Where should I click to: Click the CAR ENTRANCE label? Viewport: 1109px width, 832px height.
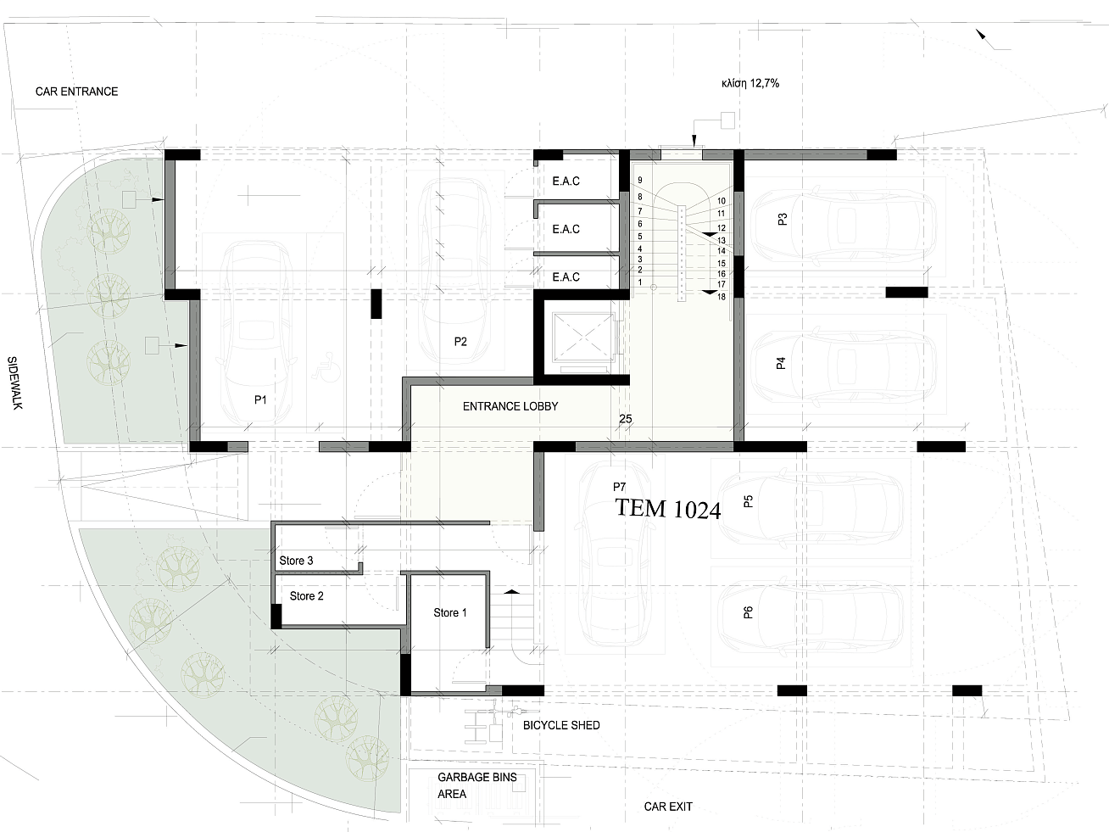(77, 92)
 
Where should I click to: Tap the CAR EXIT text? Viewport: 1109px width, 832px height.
(668, 807)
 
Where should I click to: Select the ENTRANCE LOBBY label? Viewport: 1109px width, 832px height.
(510, 406)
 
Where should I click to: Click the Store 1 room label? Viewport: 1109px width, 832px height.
(449, 612)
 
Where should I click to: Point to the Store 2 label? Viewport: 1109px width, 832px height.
(306, 596)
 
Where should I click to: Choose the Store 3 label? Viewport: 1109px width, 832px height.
(296, 561)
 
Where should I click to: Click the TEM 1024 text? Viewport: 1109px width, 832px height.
(668, 509)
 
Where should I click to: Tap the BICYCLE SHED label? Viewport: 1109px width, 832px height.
(561, 725)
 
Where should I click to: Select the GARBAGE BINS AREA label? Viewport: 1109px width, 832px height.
(477, 785)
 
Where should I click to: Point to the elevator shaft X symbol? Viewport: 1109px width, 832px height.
(582, 336)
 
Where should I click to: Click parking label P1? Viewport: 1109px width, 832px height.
(260, 400)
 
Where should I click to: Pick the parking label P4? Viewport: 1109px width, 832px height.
(781, 363)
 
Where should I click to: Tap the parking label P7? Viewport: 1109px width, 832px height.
(619, 487)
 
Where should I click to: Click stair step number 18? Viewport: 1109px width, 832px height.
(722, 297)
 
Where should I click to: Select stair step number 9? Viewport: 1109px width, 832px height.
(640, 181)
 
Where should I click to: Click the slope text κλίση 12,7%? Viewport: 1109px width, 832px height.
(750, 83)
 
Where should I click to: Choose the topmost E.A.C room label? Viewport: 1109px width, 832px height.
(566, 181)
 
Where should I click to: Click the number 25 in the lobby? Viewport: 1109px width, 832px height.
(626, 419)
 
